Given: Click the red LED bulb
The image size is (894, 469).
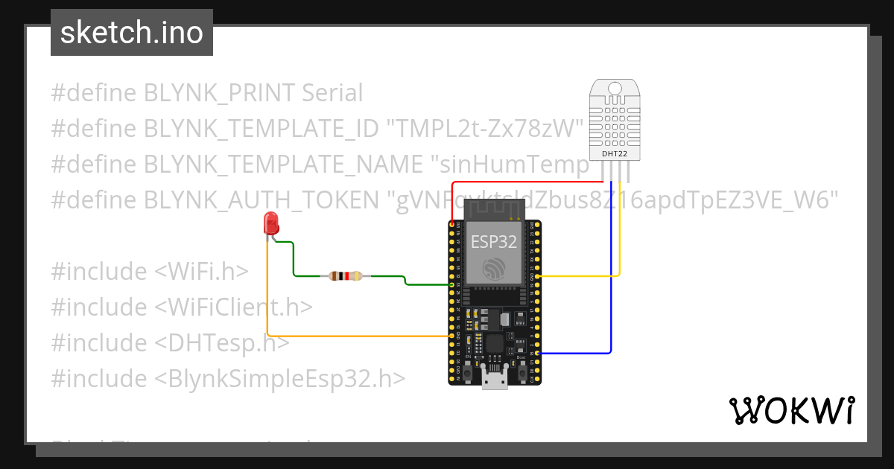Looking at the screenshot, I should point(271,223).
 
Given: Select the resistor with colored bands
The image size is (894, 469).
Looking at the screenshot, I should point(345,276).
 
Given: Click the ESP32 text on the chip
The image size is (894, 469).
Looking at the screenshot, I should point(494,240).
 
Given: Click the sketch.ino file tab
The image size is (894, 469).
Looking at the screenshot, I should point(132,33).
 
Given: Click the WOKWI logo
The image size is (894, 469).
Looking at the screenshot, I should point(790,410).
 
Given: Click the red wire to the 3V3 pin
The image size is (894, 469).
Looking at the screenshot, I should point(521,182).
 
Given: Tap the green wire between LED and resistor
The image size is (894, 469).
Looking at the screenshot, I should point(293,261).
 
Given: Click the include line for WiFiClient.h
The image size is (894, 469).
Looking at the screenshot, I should point(182,307).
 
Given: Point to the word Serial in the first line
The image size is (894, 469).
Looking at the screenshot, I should point(332,93).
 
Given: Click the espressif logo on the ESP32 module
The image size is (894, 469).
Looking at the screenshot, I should point(494,269).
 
